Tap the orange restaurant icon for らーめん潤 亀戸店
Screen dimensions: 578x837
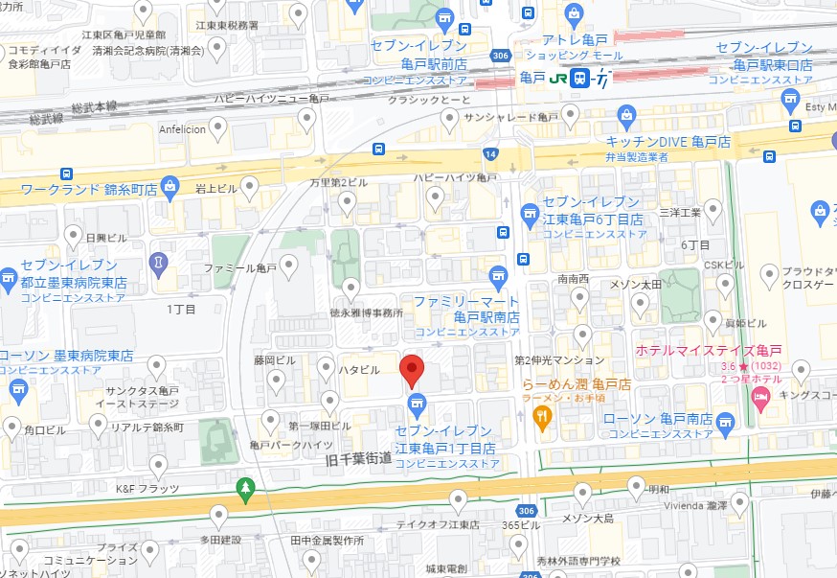click(x=541, y=416)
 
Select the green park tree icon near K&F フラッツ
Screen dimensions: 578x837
click(x=246, y=489)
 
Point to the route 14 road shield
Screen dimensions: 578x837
click(x=490, y=153)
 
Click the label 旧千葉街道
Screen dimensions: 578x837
click(x=357, y=459)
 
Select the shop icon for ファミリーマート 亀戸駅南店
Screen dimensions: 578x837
click(x=497, y=279)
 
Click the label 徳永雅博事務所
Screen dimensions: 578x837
click(x=367, y=313)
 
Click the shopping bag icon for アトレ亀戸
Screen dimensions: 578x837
click(x=574, y=14)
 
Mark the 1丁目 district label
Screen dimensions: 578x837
click(x=181, y=309)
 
